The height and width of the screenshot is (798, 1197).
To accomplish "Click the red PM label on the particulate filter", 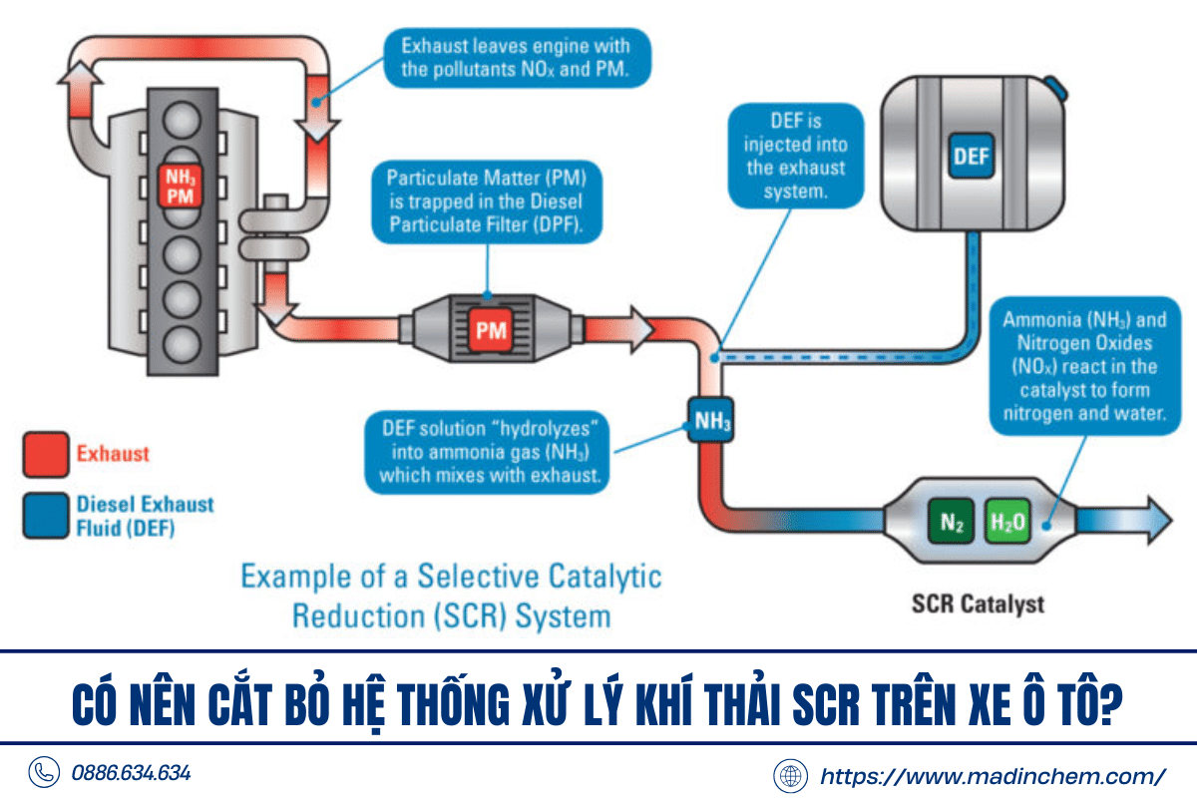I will point(491,330).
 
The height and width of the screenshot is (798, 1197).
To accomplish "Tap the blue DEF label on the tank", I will point(970,157).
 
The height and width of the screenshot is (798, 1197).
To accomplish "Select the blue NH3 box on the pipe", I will point(712,422).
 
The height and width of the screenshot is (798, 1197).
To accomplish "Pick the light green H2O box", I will point(1006,522).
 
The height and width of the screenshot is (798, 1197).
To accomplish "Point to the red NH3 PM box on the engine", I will point(180,187).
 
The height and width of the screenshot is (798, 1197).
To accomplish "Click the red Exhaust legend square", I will point(46,454).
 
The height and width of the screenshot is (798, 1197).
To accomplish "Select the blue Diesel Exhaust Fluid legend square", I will point(46,515).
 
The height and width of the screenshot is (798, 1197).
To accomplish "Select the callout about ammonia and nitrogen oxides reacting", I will point(1082,367).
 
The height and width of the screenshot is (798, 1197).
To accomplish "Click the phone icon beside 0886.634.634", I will point(44,773).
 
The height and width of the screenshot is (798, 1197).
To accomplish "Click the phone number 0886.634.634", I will point(131,773).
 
